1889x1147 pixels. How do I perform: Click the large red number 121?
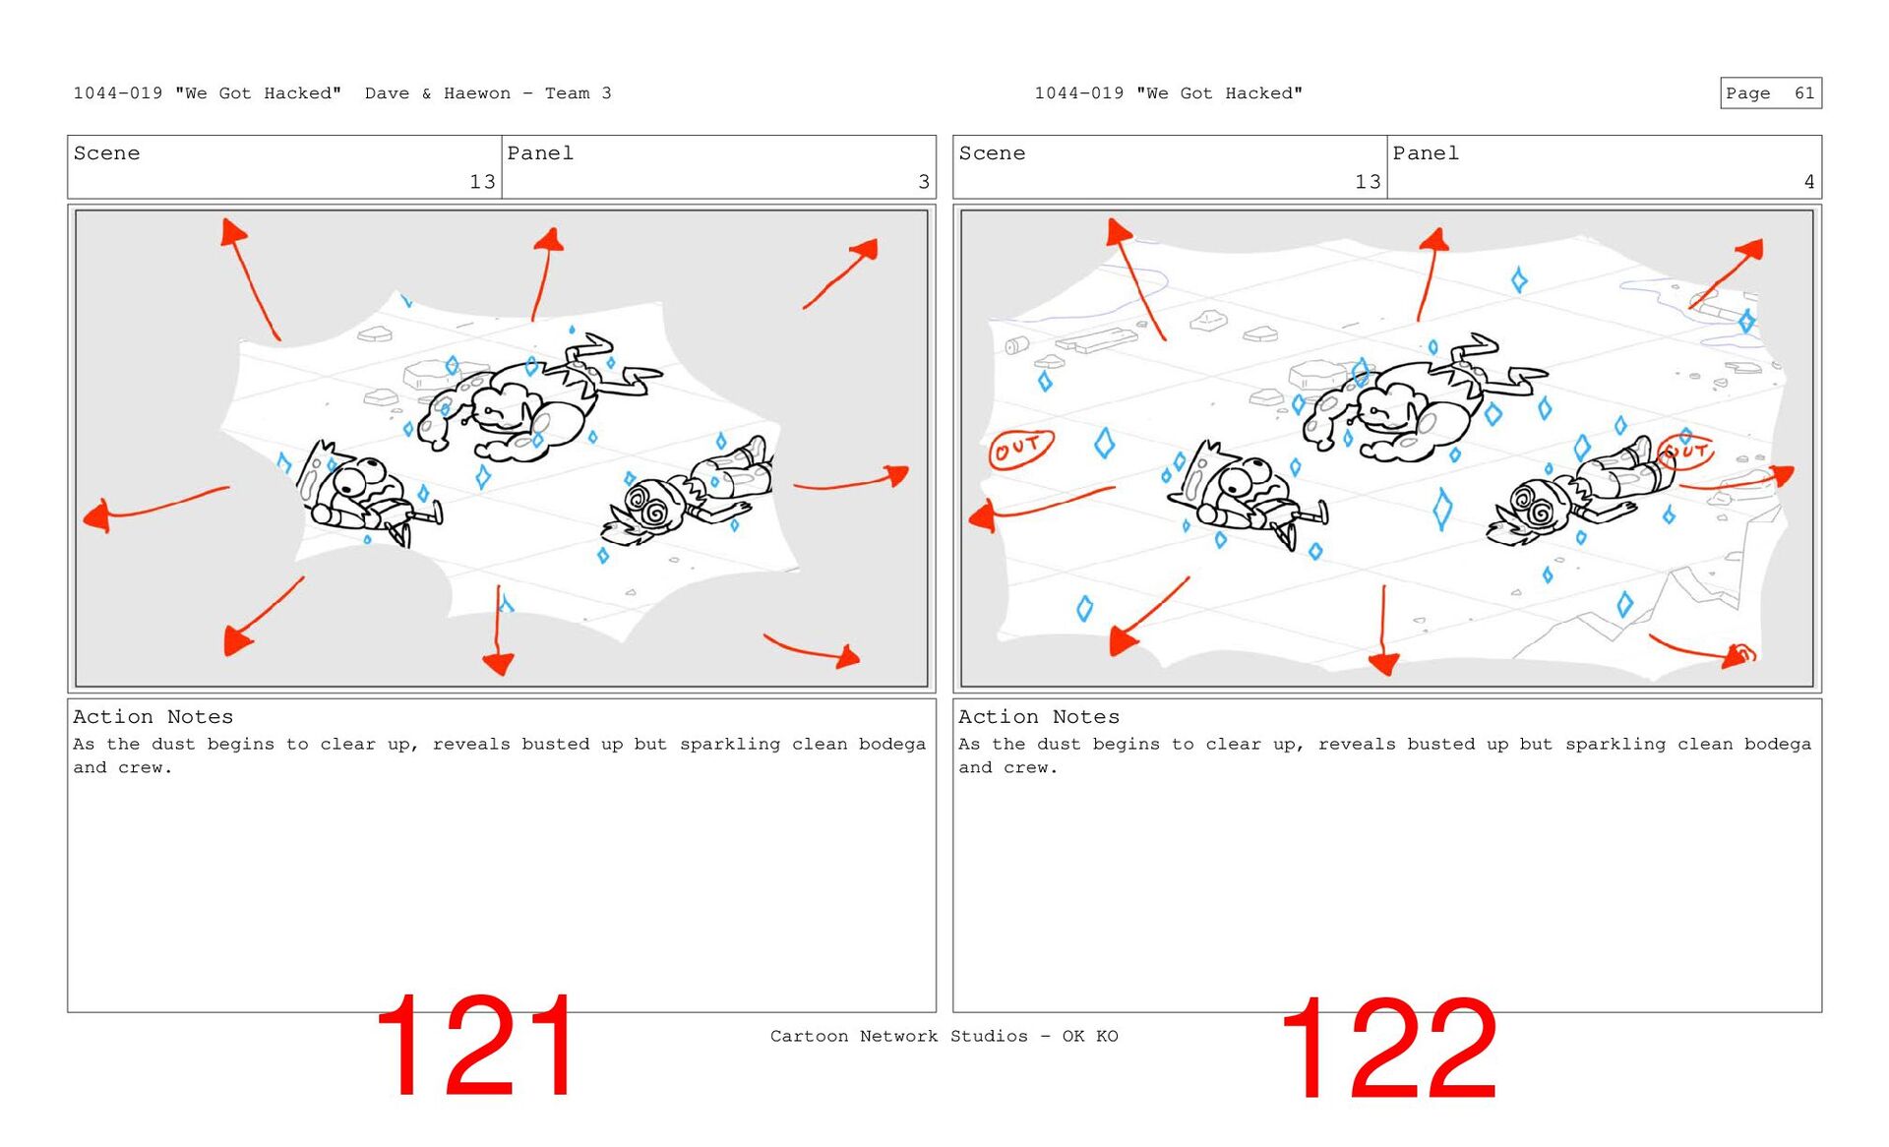(476, 1045)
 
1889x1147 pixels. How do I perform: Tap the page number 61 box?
(1771, 93)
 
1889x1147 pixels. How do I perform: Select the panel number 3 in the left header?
(924, 182)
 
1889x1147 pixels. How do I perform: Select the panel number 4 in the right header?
(1808, 182)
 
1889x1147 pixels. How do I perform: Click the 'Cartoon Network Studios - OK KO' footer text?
(944, 1036)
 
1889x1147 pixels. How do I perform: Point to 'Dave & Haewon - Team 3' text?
(488, 93)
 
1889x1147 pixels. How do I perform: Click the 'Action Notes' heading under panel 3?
(152, 717)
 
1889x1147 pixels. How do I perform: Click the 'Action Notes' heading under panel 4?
(1039, 717)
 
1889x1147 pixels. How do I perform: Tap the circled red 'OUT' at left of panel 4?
(1020, 449)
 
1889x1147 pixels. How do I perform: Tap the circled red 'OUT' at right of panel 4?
(1685, 452)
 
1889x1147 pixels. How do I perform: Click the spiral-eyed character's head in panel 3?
(651, 507)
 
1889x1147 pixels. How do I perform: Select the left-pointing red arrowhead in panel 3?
(97, 516)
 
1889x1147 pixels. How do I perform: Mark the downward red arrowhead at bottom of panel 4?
(1383, 663)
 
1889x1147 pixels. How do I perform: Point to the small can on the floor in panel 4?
(1016, 345)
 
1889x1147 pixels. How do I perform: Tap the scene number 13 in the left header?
(482, 182)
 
